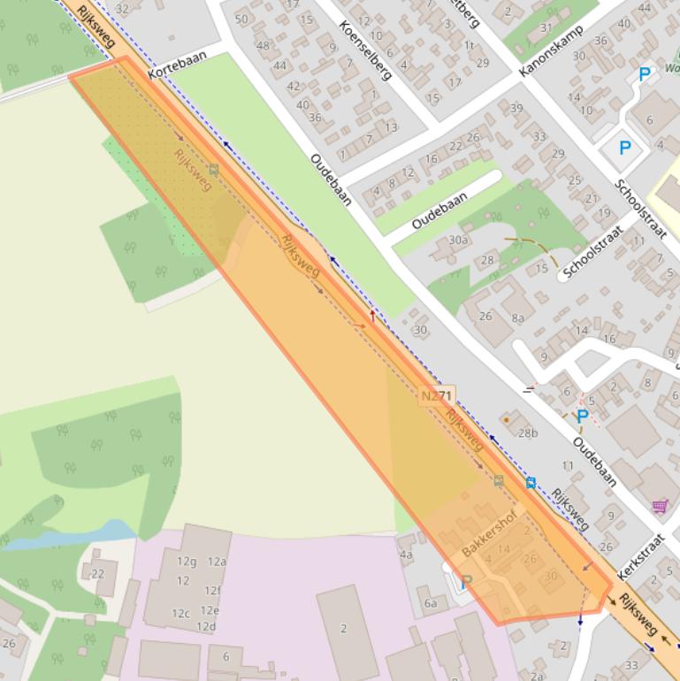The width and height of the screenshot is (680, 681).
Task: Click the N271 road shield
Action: pos(436,397)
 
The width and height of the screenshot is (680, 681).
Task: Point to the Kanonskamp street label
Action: pos(546,50)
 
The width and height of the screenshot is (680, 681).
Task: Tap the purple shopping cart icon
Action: pos(660,506)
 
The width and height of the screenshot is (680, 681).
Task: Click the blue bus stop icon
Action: pos(531,482)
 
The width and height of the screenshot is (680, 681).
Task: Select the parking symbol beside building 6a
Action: pos(466,581)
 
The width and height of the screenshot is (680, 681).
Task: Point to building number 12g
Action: pos(187,562)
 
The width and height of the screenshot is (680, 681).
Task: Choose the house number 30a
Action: pos(458,240)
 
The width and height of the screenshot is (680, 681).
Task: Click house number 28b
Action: pos(528,432)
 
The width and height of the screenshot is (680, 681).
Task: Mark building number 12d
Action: pos(206,626)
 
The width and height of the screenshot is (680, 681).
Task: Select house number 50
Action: pos(241,19)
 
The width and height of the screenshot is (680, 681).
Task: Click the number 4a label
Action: pos(406,555)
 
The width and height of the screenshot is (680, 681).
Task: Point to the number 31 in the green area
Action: pos(546,28)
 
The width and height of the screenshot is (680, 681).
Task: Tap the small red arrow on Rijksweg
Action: pos(371,315)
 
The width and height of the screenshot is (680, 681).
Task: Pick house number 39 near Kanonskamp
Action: pos(516,108)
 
